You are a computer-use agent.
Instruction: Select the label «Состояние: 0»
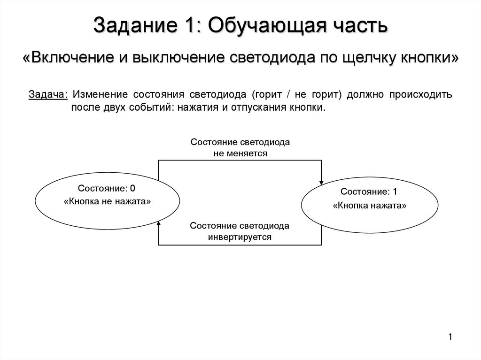pos(107,189)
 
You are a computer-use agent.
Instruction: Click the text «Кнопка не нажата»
pos(107,201)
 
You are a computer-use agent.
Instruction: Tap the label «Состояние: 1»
pos(369,191)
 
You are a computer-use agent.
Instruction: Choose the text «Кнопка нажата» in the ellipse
pos(369,206)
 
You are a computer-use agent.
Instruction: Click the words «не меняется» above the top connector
pos(240,153)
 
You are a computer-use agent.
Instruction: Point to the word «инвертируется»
pos(240,237)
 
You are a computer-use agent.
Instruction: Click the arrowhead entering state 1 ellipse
pos(322,182)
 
